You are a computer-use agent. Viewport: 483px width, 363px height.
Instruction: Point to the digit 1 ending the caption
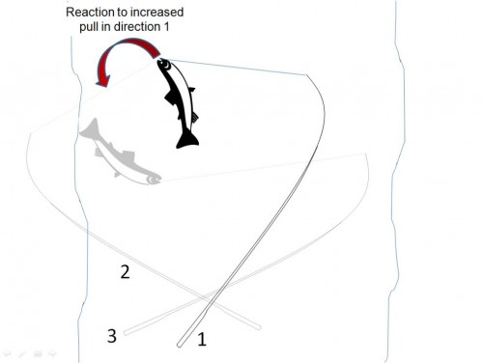coord(166,27)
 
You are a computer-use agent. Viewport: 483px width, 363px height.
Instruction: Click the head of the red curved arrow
coord(103,80)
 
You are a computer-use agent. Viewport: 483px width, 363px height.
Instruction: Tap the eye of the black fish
coord(167,66)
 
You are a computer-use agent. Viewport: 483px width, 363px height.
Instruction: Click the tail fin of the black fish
coord(187,140)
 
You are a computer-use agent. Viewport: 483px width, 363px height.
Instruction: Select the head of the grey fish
coord(153,179)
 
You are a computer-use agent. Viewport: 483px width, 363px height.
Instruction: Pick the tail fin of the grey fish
coord(89,127)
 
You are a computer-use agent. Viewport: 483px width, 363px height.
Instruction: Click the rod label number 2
coord(125,272)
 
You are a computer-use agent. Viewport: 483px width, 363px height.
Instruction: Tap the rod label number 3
coord(112,336)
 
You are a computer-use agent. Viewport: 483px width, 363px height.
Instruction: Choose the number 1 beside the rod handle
coord(202,339)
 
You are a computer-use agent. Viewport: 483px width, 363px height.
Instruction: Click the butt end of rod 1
coord(180,345)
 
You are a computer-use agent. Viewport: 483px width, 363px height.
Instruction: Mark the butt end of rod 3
coord(126,332)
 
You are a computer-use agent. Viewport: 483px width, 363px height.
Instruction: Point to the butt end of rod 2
coord(259,327)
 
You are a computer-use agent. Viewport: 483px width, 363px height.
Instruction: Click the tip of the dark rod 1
coord(306,74)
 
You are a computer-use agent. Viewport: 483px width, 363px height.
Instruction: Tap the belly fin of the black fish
coord(171,98)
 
